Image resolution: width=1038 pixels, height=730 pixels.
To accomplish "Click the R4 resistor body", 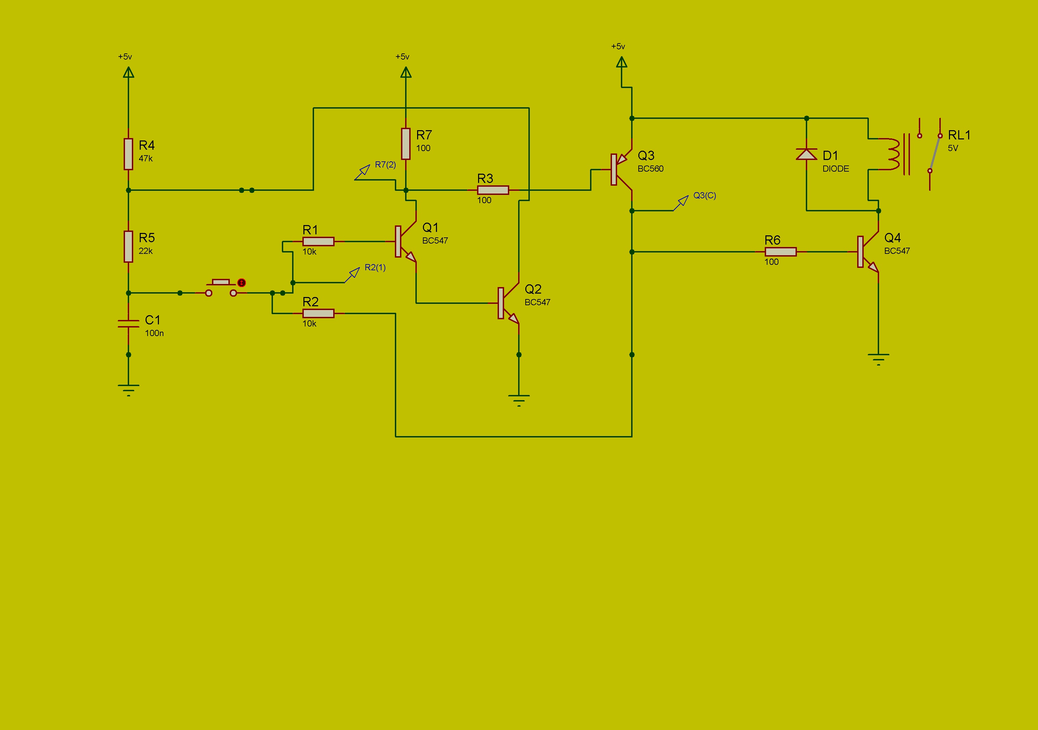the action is coord(128,154).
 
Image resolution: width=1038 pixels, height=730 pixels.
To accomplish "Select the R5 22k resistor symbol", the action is coord(128,247).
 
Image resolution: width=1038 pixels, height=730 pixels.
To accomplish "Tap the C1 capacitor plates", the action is coord(128,323).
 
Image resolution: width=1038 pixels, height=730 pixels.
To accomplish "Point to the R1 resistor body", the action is coord(318,242).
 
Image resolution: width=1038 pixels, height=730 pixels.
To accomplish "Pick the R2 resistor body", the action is coord(318,313).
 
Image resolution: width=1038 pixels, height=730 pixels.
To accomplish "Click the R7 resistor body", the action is coord(406,144).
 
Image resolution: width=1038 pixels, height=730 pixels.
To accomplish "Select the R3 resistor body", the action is coord(493,190).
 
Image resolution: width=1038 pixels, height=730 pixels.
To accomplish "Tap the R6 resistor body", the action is coord(780,252).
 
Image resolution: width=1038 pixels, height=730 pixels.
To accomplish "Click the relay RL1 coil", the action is coord(893,154).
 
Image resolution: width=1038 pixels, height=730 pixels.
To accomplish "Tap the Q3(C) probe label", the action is coord(704,195).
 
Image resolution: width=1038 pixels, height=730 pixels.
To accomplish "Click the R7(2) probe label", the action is coord(385,165).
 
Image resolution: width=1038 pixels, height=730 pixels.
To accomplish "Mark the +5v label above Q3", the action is coord(618,47).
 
